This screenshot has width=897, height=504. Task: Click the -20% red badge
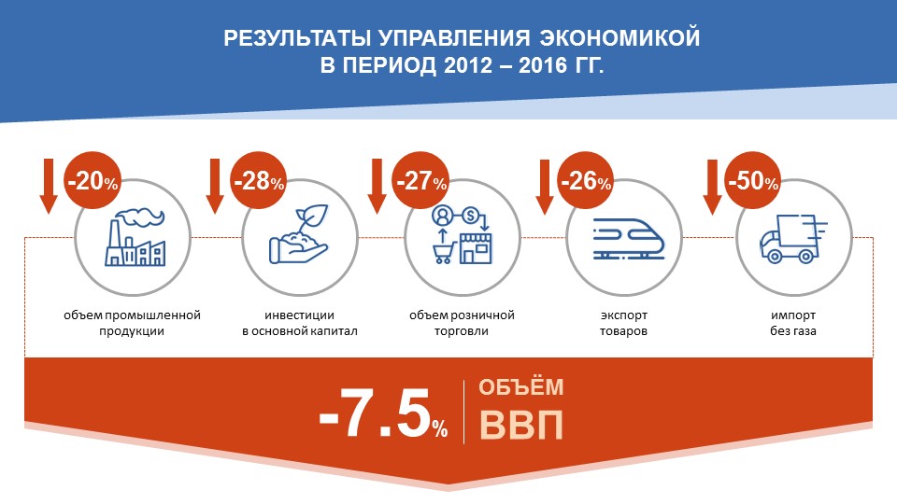click(93, 180)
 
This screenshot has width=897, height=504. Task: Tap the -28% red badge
click(259, 180)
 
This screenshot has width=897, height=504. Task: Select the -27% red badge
click(421, 180)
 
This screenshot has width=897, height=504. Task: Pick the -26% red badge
click(585, 180)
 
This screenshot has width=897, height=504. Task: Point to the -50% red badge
click(753, 180)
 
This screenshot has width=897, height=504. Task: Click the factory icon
click(135, 237)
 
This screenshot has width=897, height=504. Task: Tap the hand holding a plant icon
click(299, 234)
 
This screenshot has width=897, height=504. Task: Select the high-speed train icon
click(629, 239)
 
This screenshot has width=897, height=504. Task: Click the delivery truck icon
click(793, 239)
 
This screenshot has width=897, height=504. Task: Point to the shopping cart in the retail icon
click(443, 253)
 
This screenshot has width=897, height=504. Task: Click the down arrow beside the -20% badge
click(49, 187)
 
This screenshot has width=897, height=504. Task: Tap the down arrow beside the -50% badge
click(712, 187)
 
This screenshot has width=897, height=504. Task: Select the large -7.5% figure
click(383, 413)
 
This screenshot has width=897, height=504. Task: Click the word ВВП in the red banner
click(521, 425)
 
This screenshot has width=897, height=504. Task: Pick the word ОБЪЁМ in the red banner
click(521, 386)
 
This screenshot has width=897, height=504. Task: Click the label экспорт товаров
click(623, 323)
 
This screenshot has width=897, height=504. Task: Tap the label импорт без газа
click(793, 323)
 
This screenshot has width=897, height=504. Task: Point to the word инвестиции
click(299, 315)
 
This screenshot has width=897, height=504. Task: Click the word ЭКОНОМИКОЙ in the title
click(619, 37)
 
